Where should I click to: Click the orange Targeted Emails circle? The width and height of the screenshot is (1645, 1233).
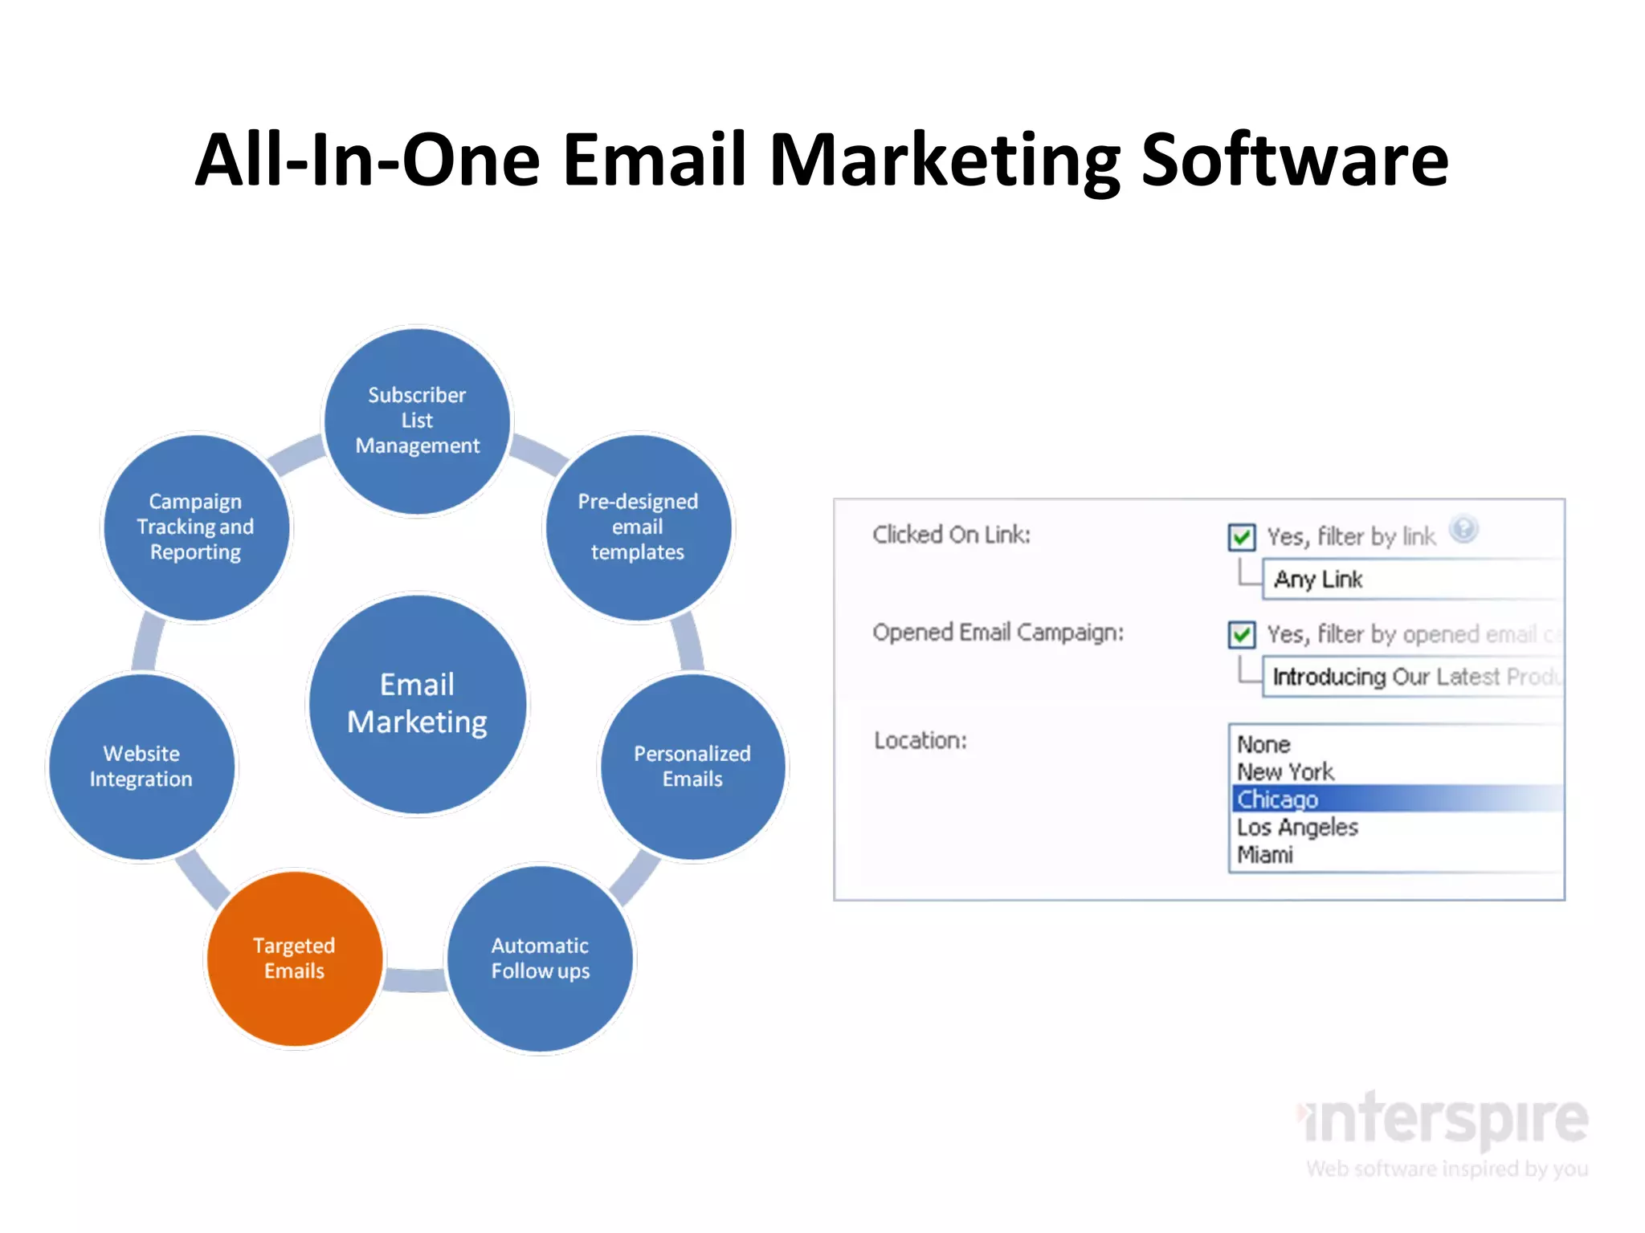tap(294, 958)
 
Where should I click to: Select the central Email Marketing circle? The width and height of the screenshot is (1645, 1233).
tap(418, 704)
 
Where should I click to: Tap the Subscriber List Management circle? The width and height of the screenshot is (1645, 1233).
tap(417, 421)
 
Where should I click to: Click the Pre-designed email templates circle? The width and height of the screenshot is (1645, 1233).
tap(639, 527)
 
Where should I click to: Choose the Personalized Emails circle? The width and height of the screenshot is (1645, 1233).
tap(692, 767)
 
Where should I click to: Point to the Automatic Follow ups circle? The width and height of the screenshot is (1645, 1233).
tap(541, 958)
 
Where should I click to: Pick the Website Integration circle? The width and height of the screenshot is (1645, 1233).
tap(141, 767)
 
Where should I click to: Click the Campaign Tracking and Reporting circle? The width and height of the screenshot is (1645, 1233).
tap(196, 527)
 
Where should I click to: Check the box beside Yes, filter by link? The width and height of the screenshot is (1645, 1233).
tap(1242, 536)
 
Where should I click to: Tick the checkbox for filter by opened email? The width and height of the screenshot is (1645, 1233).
tap(1242, 635)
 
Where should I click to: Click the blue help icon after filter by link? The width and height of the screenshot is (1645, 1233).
tap(1463, 529)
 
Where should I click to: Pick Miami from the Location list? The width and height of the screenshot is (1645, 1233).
tap(1265, 855)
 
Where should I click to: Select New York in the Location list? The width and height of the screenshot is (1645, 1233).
tap(1285, 771)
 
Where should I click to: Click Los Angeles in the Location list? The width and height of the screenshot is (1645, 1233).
tap(1297, 827)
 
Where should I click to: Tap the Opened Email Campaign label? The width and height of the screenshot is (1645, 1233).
tap(998, 633)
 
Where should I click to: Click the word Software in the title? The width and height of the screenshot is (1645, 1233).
tap(1295, 161)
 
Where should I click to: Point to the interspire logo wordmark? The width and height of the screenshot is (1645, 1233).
tap(1446, 1121)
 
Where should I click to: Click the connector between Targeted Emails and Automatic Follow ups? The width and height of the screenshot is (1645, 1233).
tap(415, 980)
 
